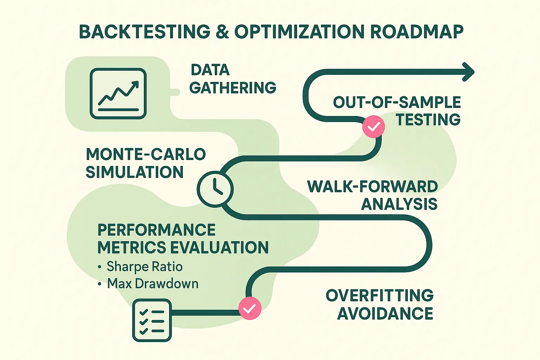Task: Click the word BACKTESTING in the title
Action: tap(144, 32)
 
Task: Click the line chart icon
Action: tap(118, 94)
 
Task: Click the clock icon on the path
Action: tap(215, 189)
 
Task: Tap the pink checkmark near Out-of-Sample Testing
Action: tap(373, 127)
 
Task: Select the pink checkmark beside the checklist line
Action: tap(250, 308)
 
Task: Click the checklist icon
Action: tap(152, 320)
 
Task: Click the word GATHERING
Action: tap(233, 88)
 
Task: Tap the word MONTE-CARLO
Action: tap(146, 154)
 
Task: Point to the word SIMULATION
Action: tap(135, 172)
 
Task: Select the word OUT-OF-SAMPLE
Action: tap(397, 102)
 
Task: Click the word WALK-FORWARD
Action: tap(372, 186)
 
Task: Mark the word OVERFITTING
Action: tap(379, 295)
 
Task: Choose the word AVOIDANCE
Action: tap(385, 313)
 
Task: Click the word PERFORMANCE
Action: tap(156, 230)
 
